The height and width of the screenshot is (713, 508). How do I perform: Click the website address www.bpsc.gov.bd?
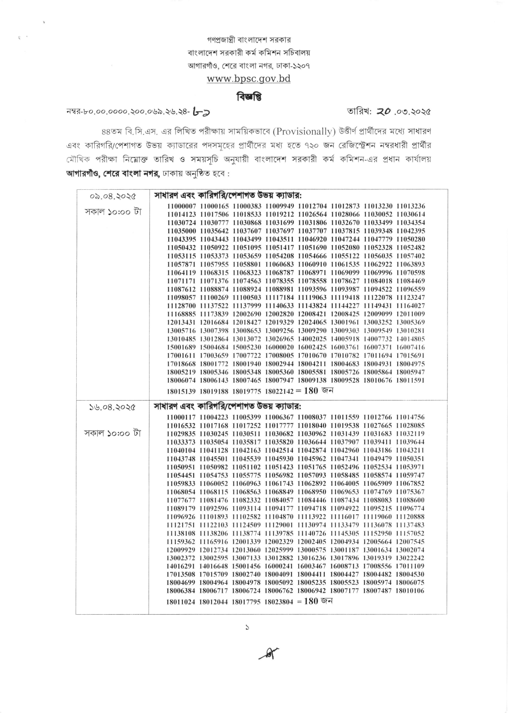click(249, 79)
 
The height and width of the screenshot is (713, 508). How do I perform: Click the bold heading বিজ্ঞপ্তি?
click(249, 97)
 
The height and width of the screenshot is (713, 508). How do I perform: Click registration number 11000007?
click(182, 206)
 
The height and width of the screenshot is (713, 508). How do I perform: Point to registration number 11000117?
click(182, 417)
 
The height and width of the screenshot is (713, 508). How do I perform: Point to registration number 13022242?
click(410, 558)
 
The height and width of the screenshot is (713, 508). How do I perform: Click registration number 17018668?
click(182, 363)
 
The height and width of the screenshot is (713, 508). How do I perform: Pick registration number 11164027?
click(410, 306)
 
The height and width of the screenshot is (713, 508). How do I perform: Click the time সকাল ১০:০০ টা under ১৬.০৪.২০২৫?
click(113, 433)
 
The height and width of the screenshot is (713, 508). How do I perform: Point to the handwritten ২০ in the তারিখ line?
click(375, 111)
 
